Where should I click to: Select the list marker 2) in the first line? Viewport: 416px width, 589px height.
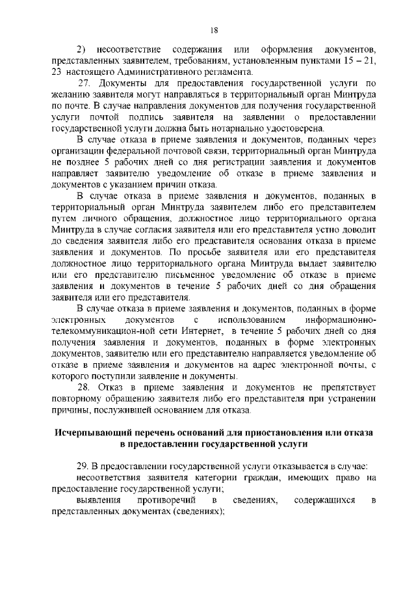click(x=82, y=50)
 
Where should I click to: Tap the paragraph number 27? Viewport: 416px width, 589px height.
click(x=85, y=83)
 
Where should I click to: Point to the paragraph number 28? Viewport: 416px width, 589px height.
click(x=85, y=387)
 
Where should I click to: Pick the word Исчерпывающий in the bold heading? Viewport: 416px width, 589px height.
click(x=95, y=432)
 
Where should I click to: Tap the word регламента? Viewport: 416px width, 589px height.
click(x=224, y=72)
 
